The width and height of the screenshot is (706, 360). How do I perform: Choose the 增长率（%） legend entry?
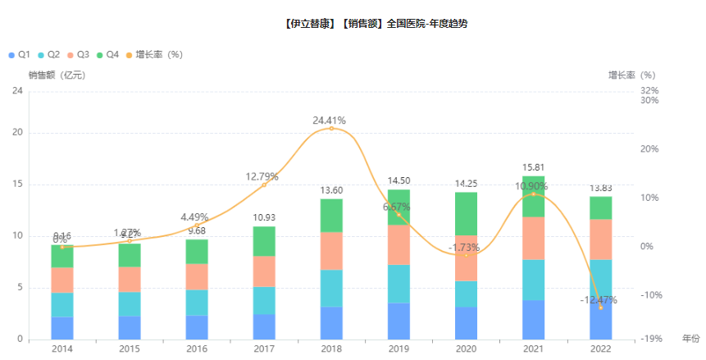tap(153, 55)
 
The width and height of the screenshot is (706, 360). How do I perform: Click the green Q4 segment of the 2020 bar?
tap(466, 213)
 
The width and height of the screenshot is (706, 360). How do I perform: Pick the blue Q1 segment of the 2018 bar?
tap(331, 323)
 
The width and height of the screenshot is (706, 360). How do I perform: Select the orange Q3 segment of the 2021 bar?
tap(533, 238)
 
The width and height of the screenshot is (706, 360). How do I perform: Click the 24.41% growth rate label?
tap(331, 121)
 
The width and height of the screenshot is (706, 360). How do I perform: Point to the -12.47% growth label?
tap(599, 300)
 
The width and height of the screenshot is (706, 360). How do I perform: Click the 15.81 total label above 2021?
tap(533, 167)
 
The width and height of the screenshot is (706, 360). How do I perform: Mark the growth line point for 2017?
tap(264, 185)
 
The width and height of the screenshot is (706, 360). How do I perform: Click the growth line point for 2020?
tap(466, 255)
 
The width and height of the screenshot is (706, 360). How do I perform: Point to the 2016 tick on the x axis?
tap(197, 349)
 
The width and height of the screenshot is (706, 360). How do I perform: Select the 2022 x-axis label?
tap(600, 349)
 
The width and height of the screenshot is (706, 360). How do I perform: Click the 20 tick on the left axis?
tap(17, 133)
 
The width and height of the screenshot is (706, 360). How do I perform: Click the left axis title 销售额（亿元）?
tap(56, 75)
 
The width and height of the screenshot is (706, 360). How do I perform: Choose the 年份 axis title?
tap(690, 338)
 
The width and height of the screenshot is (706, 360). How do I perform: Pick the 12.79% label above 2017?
tap(262, 176)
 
